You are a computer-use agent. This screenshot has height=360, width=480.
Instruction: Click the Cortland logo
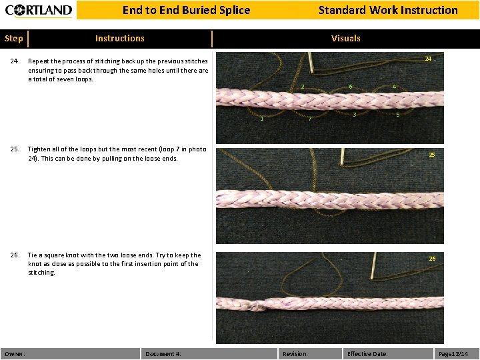tap(39, 10)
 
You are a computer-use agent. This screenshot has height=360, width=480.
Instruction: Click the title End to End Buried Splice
tap(186, 10)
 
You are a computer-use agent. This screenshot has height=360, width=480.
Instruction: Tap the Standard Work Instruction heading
tap(388, 10)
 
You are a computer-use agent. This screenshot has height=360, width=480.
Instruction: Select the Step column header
tap(13, 39)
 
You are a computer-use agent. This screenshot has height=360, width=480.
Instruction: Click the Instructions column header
tap(119, 39)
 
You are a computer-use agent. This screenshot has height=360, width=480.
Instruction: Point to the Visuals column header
tap(345, 39)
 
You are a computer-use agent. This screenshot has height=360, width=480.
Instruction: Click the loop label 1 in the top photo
tap(261, 119)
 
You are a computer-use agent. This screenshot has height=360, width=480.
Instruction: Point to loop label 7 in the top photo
tap(310, 119)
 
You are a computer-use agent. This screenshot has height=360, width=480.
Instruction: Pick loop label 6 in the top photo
tap(351, 87)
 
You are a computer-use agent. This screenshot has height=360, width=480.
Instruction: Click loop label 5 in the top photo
tap(398, 115)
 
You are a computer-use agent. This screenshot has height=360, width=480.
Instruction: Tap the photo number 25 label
tap(432, 155)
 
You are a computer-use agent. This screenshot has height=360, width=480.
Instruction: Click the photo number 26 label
tap(432, 258)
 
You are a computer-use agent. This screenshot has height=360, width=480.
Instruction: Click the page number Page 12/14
tap(453, 353)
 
